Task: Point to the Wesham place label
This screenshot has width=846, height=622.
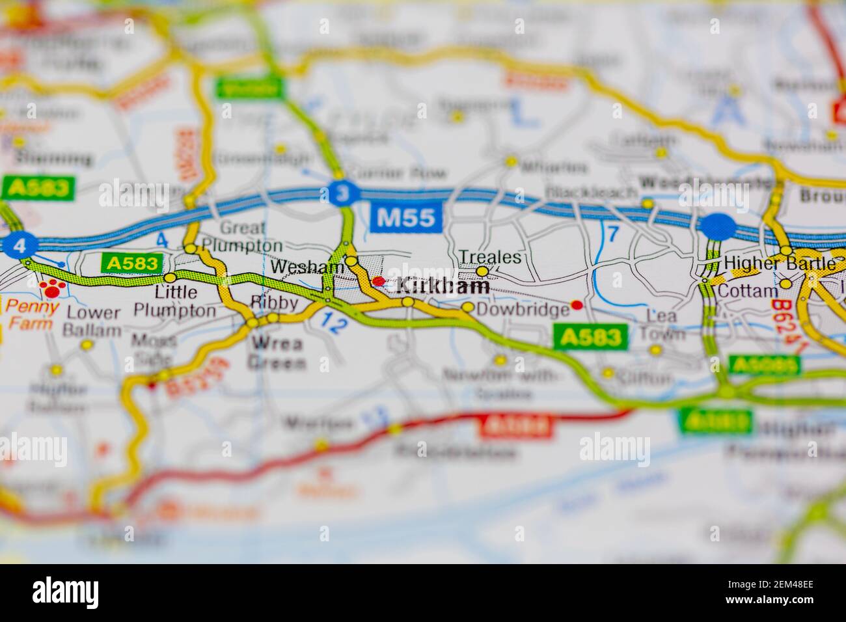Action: (x=307, y=267)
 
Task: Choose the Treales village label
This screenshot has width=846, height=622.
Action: (x=490, y=257)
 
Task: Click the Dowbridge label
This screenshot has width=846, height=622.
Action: (x=523, y=310)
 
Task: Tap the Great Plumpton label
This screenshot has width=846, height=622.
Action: (x=242, y=237)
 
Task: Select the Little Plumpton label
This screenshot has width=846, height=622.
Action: (x=174, y=302)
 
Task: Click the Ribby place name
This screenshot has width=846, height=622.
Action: (x=274, y=303)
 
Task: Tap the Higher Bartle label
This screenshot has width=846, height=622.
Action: (x=780, y=264)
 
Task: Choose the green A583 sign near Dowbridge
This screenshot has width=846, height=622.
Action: (x=590, y=336)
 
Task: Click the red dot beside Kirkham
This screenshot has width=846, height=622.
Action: (x=379, y=281)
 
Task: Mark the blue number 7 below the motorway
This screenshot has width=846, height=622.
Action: (x=612, y=233)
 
